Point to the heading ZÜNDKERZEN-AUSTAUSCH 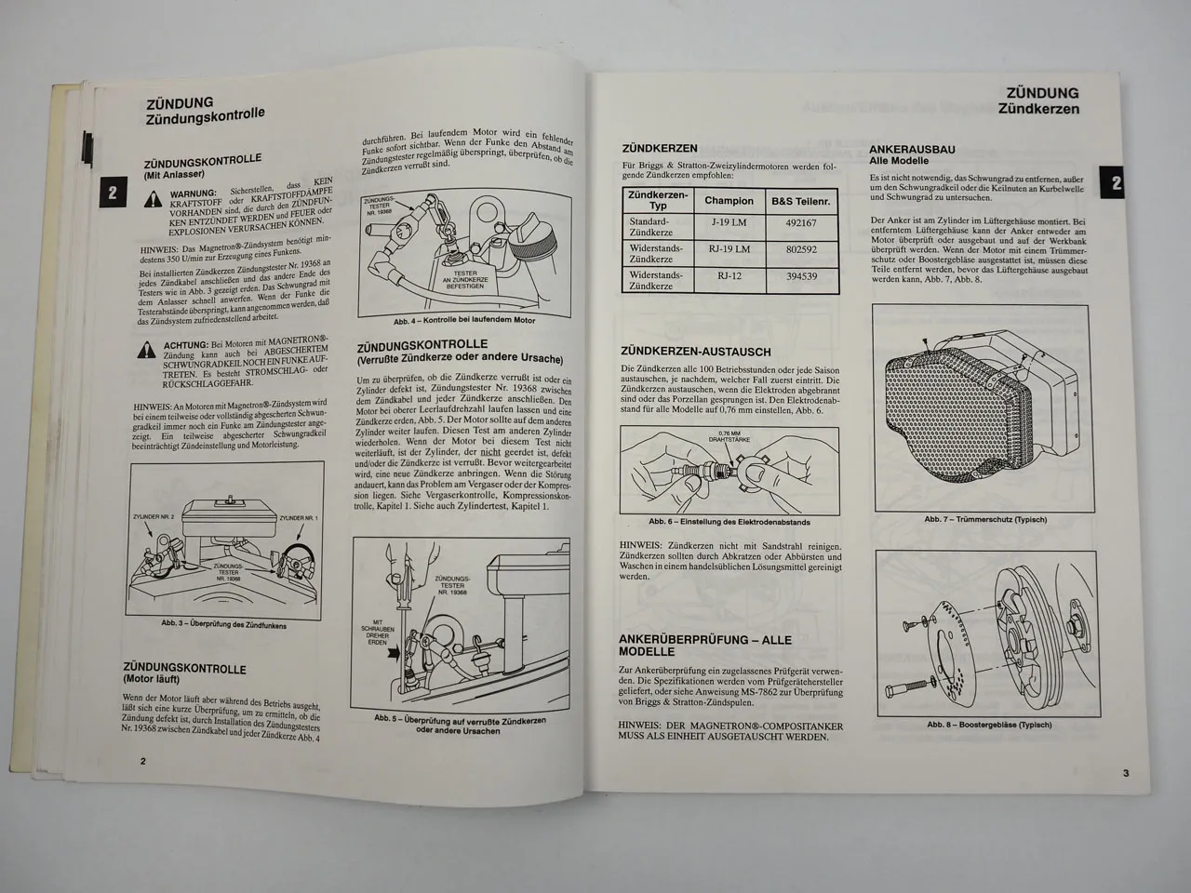point(695,352)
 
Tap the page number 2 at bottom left point(142,760)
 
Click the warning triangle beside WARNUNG point(151,198)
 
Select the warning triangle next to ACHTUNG point(146,350)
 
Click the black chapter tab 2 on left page point(112,193)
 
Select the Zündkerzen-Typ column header point(657,200)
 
